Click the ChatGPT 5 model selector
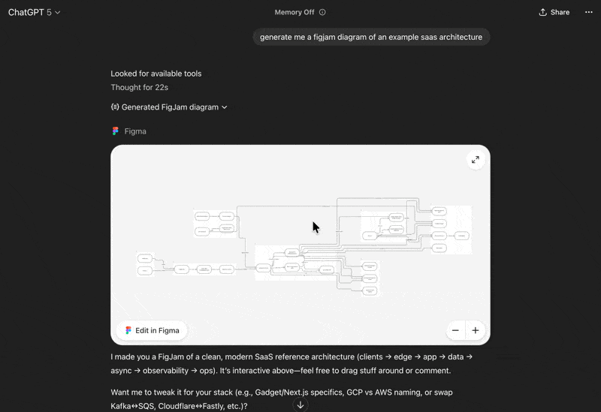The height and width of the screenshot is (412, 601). [x=35, y=12]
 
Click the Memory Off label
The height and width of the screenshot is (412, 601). [x=294, y=12]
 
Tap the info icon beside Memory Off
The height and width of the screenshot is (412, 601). [x=322, y=12]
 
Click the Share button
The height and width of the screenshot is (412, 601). [x=554, y=12]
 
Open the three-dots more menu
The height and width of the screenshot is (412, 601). [x=588, y=12]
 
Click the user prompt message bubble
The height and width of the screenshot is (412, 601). [x=371, y=37]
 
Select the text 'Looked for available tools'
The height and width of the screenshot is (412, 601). [x=156, y=74]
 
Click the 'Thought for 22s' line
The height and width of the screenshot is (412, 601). [x=139, y=88]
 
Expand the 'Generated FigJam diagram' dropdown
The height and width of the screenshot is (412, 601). [x=169, y=107]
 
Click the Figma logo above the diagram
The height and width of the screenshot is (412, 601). [x=116, y=131]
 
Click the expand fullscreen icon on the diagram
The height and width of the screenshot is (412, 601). [x=476, y=160]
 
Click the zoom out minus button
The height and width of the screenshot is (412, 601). [x=455, y=330]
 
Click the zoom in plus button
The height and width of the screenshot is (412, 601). [x=476, y=330]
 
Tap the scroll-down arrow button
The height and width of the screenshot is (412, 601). [x=300, y=405]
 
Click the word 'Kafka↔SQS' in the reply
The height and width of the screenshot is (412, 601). [x=132, y=406]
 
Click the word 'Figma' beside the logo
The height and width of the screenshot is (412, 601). [x=135, y=131]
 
